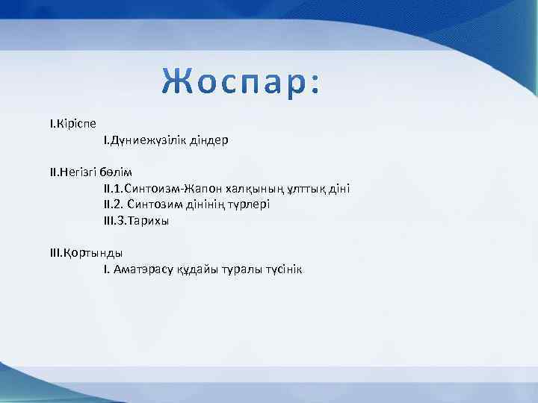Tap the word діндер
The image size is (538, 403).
pos(206,140)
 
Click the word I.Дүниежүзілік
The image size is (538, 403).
pos(143,140)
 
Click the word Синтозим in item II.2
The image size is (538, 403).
pos(155,204)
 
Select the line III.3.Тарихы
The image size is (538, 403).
pos(136,221)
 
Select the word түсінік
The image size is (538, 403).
pos(281,269)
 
